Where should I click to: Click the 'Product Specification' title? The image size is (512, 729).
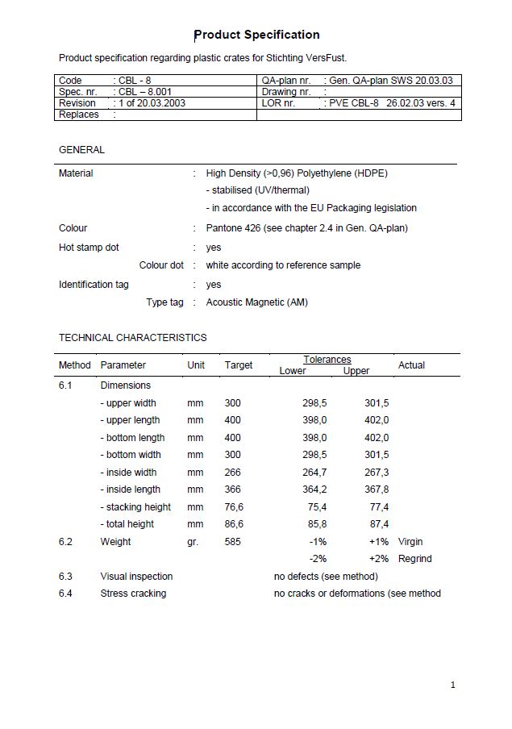point(257,35)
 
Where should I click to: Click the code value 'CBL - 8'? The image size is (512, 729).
point(135,81)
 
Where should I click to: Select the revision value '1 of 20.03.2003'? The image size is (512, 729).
point(152,103)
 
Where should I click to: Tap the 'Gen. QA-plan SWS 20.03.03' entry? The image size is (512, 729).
point(390,81)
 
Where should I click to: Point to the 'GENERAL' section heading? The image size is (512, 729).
point(81,150)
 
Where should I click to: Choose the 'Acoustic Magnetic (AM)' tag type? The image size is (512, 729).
point(256,302)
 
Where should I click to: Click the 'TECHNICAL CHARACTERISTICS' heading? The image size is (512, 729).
point(132,338)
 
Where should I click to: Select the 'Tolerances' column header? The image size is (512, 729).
point(327,360)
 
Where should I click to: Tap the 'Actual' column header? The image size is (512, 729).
point(411,365)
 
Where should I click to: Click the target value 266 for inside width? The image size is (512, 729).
point(233,473)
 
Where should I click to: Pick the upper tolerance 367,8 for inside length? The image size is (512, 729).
point(377,489)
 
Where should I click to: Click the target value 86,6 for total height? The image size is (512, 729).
point(234,524)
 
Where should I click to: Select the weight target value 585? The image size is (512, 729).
point(233,542)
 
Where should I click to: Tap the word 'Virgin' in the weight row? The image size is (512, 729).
point(410,542)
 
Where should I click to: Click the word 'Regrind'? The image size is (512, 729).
point(415,559)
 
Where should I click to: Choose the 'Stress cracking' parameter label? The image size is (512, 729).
point(133,594)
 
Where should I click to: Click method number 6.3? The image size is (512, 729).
point(65,577)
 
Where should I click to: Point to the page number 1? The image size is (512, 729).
point(453,685)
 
